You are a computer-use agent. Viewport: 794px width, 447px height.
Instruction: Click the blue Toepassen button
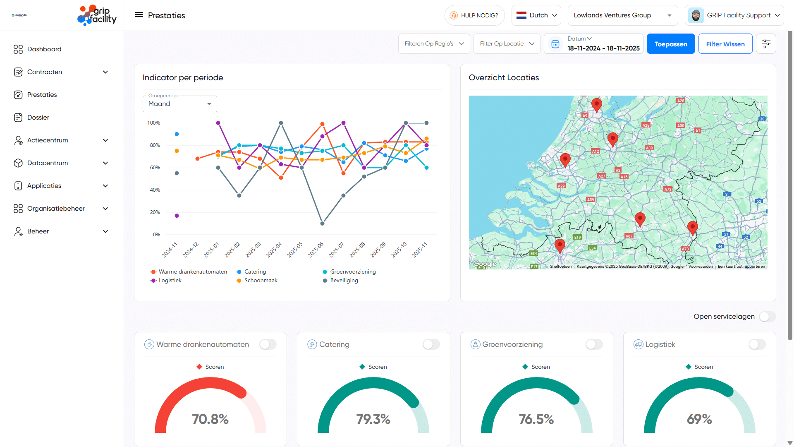pyautogui.click(x=670, y=44)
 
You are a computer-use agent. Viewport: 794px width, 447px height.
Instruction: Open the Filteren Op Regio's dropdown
pyautogui.click(x=434, y=44)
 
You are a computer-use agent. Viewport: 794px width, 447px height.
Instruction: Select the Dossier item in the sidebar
pyautogui.click(x=38, y=118)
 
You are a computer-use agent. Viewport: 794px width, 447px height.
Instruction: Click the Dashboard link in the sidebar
pyautogui.click(x=44, y=49)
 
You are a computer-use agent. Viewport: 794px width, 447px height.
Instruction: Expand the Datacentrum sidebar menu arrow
pyautogui.click(x=105, y=163)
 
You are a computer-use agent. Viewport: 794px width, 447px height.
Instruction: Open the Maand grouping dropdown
pyautogui.click(x=179, y=104)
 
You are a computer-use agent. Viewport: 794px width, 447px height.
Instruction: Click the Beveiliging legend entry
pyautogui.click(x=344, y=281)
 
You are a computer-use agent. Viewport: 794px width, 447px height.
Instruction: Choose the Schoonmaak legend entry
pyautogui.click(x=261, y=281)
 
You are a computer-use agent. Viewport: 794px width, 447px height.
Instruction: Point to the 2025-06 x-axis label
pyautogui.click(x=316, y=250)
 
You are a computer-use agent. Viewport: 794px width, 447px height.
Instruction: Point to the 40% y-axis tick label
pyautogui.click(x=155, y=190)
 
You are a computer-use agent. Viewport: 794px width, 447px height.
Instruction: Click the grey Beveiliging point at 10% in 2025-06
pyautogui.click(x=322, y=223)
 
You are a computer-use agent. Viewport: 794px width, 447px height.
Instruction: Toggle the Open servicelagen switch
pyautogui.click(x=767, y=317)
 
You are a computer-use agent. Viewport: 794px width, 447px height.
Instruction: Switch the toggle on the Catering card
pyautogui.click(x=431, y=344)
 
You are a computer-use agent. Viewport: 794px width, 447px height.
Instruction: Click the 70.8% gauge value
pyautogui.click(x=210, y=419)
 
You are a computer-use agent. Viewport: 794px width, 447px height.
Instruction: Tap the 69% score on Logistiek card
pyautogui.click(x=699, y=419)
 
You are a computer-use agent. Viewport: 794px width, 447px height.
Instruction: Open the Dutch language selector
pyautogui.click(x=536, y=15)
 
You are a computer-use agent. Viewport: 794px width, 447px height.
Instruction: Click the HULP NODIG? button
pyautogui.click(x=474, y=15)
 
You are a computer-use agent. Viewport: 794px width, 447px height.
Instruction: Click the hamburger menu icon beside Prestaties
pyautogui.click(x=139, y=15)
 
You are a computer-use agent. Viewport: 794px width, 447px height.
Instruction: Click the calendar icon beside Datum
pyautogui.click(x=555, y=44)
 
